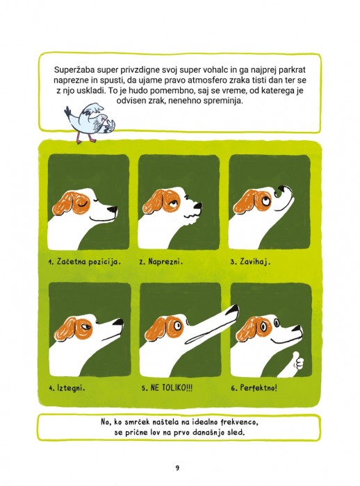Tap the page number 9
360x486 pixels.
177,460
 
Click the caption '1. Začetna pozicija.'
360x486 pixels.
84,262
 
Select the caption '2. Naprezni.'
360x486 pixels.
161,262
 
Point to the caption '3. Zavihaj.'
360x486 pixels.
250,262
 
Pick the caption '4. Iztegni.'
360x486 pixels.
67,387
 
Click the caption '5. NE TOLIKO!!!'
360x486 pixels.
167,387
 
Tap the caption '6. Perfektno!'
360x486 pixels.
254,387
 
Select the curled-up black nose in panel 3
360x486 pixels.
281,191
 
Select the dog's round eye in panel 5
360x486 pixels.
177,326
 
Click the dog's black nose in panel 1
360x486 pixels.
113,210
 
